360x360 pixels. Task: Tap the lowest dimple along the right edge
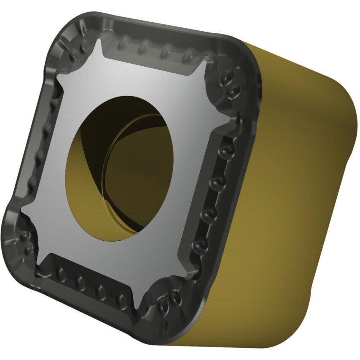point(196,244)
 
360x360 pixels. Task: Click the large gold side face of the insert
point(287,190)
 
